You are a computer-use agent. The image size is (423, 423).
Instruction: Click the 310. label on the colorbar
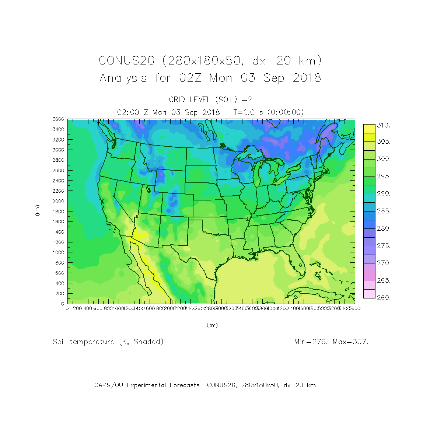383,125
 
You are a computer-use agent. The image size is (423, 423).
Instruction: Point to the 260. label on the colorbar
383,298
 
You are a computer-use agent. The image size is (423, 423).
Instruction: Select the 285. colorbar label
383,212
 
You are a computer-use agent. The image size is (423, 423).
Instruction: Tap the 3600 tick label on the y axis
58,119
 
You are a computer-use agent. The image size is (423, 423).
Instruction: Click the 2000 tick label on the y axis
58,201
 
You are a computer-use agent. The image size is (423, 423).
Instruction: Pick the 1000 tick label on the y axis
58,252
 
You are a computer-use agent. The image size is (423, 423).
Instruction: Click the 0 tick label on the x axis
67,308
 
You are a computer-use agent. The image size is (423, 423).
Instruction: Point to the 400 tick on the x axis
87,308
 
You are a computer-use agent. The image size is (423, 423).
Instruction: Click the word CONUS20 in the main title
126,60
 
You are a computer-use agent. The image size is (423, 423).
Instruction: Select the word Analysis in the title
123,78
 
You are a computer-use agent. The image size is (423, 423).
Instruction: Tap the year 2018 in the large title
307,78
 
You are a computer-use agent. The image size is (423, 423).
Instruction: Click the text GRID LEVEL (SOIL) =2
210,99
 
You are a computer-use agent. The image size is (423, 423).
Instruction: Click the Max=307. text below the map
350,342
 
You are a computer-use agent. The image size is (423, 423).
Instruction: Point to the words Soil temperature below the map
84,342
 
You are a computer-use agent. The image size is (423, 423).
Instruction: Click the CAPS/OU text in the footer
109,385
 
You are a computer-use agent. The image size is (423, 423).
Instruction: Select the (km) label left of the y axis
37,210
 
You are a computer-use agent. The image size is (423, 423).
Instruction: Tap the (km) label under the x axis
212,325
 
